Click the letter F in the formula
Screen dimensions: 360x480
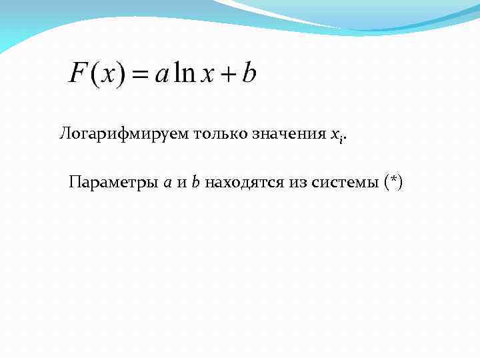point(78,73)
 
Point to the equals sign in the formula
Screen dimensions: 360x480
point(138,75)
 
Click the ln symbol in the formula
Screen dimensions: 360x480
point(184,73)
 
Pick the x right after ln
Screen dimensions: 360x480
point(207,75)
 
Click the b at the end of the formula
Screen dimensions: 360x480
point(249,73)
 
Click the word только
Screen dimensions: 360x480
point(221,133)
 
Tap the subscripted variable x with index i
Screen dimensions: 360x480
point(337,135)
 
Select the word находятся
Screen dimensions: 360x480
point(245,182)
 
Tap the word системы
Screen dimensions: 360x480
point(345,182)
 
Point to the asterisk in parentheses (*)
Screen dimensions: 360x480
point(393,181)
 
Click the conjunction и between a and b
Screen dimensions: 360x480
point(181,183)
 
